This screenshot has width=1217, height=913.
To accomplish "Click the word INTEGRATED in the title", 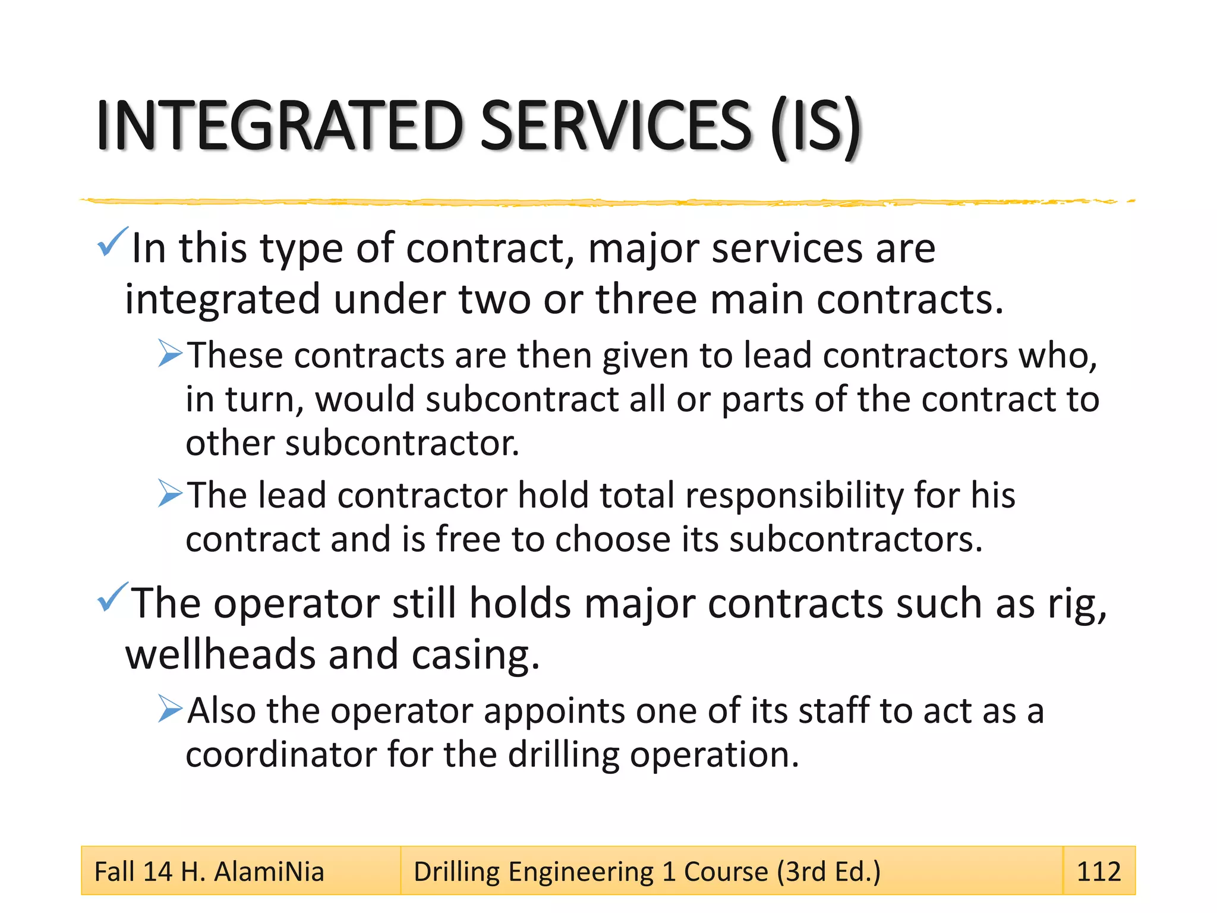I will (279, 126).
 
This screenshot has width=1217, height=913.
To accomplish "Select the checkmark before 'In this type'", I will (112, 242).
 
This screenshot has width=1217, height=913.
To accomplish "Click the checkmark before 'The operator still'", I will (112, 597).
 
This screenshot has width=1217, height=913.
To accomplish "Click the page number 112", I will (1098, 871).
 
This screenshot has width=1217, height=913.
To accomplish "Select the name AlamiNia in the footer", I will (269, 871).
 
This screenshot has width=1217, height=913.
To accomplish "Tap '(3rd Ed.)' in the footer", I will (828, 872).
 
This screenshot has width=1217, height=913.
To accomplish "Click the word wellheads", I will (220, 654).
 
